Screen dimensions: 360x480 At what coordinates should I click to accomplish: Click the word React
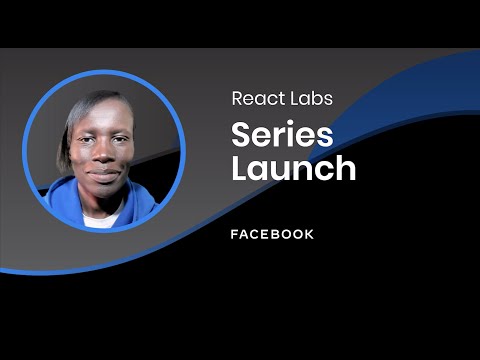(254, 98)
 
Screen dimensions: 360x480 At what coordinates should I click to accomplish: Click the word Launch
(294, 167)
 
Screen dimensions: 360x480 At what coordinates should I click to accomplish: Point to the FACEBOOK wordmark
(272, 234)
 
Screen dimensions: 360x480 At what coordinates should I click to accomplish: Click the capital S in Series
(240, 133)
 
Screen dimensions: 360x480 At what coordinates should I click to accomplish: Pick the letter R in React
(237, 98)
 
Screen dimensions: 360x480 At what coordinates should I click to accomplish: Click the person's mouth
(104, 173)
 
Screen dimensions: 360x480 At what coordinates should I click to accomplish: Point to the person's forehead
(104, 116)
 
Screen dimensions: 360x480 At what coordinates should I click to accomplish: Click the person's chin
(104, 191)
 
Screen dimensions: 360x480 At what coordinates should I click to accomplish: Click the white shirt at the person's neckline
(99, 218)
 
